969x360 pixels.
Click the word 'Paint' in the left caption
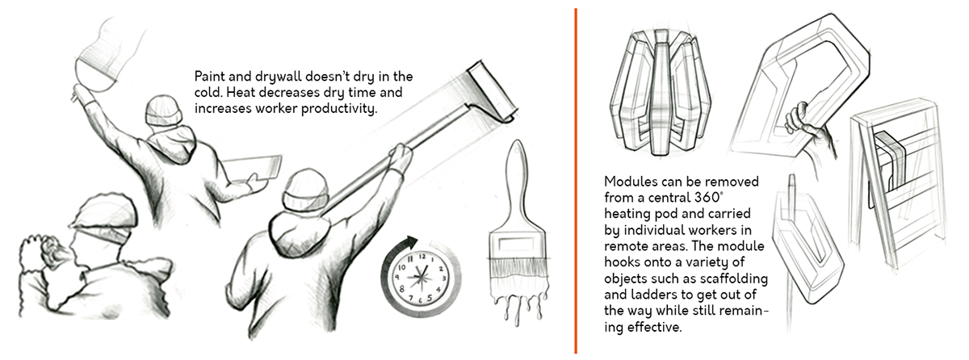(x=212, y=77)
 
